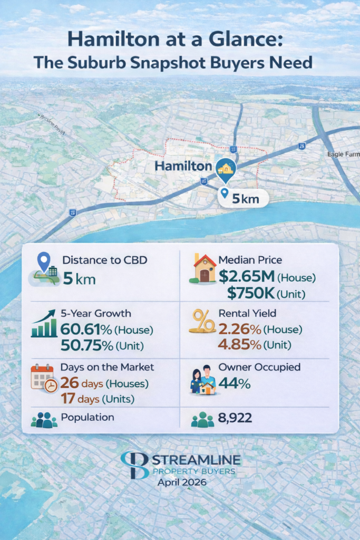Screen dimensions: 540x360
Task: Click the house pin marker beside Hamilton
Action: [x=226, y=169]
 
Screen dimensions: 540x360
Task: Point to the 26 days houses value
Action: [x=81, y=383]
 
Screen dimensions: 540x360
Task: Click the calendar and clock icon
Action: [x=44, y=378]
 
